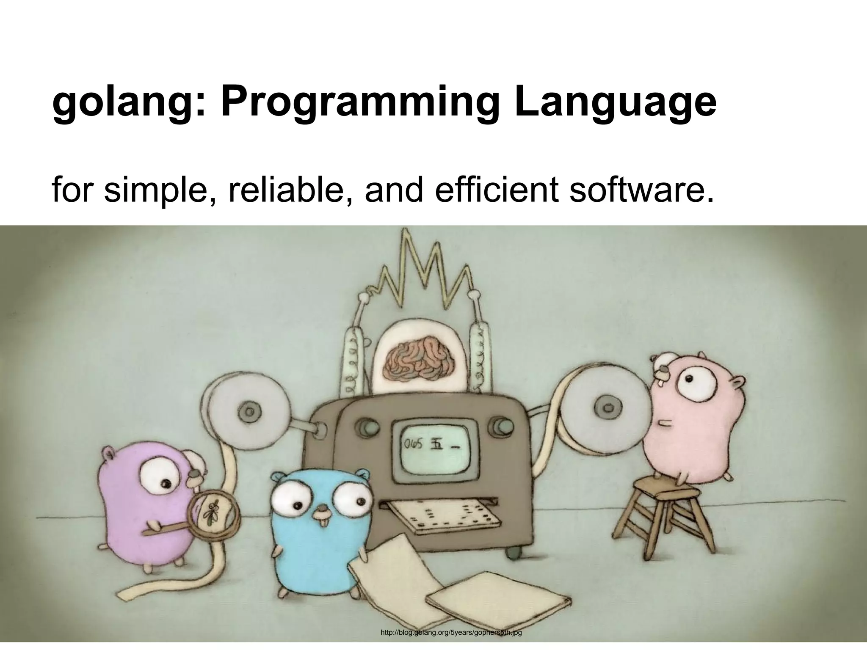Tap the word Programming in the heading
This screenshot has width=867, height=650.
(358, 104)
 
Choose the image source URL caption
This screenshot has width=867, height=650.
(451, 633)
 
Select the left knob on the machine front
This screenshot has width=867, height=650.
(364, 426)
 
